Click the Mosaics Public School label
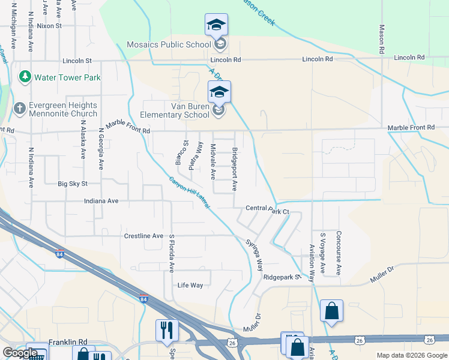(x=169, y=44)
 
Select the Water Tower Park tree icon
(x=25, y=77)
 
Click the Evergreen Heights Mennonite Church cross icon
(x=20, y=109)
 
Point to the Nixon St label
(x=49, y=26)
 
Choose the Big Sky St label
(x=73, y=184)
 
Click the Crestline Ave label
(x=143, y=236)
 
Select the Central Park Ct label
(x=267, y=210)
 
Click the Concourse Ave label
(x=339, y=253)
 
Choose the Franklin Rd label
(x=65, y=342)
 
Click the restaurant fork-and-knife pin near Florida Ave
(x=166, y=329)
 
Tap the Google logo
(x=20, y=353)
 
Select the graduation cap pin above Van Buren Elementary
(x=219, y=92)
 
